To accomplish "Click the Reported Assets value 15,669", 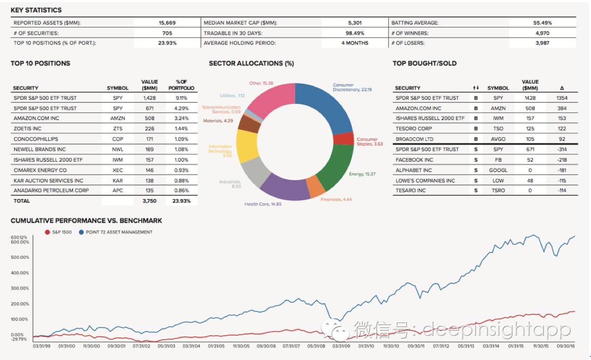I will point(167,23).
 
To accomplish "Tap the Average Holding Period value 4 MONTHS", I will point(355,43).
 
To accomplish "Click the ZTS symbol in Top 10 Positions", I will point(118,129).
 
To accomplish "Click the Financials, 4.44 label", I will point(336,199).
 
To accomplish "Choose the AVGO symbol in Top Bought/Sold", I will point(498,139).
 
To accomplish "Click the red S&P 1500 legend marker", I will point(47,232).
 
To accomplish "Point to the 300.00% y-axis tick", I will point(20,288).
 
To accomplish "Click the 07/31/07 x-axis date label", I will point(291,346).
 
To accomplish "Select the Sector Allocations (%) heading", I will point(251,63).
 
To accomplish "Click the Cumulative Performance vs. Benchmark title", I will point(86,221).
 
